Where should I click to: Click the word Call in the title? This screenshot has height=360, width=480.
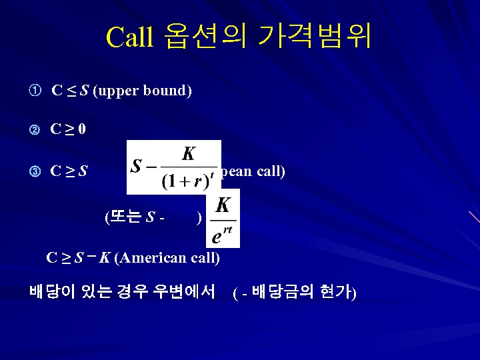point(130,37)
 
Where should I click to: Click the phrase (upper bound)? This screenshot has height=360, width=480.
point(143,91)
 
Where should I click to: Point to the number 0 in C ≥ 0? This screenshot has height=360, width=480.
point(81,129)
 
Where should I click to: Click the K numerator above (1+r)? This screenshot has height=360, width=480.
point(189,154)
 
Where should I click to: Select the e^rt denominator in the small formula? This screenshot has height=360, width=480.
point(222,235)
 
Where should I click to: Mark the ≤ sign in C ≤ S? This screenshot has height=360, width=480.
point(71,91)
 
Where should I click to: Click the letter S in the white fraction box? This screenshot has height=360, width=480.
point(138,166)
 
